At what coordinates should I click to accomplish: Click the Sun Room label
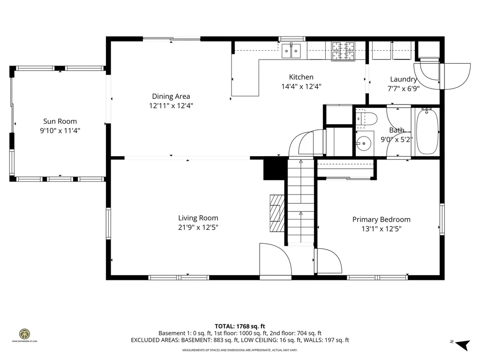(x=60, y=121)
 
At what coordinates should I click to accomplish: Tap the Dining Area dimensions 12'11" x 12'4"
(x=171, y=106)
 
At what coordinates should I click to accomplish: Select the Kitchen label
(x=301, y=77)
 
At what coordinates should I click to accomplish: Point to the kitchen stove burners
(x=344, y=51)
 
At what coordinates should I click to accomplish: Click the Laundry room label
(x=403, y=79)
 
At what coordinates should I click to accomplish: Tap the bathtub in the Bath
(x=427, y=131)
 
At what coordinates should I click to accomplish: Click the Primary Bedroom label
(x=381, y=219)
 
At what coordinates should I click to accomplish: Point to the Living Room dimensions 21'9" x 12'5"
(x=198, y=228)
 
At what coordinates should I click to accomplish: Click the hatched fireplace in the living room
(x=276, y=213)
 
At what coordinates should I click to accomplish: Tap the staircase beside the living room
(x=300, y=202)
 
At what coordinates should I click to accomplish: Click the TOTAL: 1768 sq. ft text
(x=240, y=326)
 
